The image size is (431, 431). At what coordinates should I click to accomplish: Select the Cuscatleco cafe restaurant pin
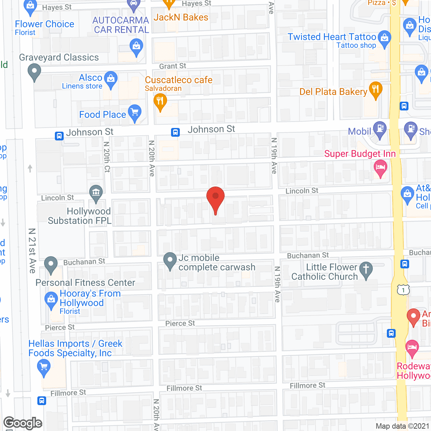[x=160, y=101]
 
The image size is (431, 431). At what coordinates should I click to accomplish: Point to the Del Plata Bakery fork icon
[x=376, y=90]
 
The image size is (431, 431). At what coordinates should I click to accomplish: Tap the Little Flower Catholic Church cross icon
[x=366, y=270]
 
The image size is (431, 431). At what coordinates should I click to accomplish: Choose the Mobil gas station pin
[x=380, y=130]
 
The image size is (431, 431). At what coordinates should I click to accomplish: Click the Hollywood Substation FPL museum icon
[x=96, y=193]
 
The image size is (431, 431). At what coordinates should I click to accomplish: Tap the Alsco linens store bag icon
[x=111, y=79]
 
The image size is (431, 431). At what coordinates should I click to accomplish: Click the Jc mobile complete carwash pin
[x=170, y=261]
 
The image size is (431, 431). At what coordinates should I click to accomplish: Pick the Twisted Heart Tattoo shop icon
[x=384, y=38]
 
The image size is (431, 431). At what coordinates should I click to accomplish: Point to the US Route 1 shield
[x=403, y=290]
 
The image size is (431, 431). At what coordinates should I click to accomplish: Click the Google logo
[x=23, y=423]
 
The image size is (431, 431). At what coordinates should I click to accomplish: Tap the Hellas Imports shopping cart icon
[x=44, y=367]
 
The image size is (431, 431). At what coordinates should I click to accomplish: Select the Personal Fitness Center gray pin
[x=51, y=264]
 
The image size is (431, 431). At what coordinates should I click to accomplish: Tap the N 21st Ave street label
[x=32, y=251]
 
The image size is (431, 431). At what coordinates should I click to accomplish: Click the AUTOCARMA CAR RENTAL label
[x=121, y=25]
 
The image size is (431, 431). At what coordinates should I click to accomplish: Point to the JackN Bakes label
[x=181, y=18]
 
